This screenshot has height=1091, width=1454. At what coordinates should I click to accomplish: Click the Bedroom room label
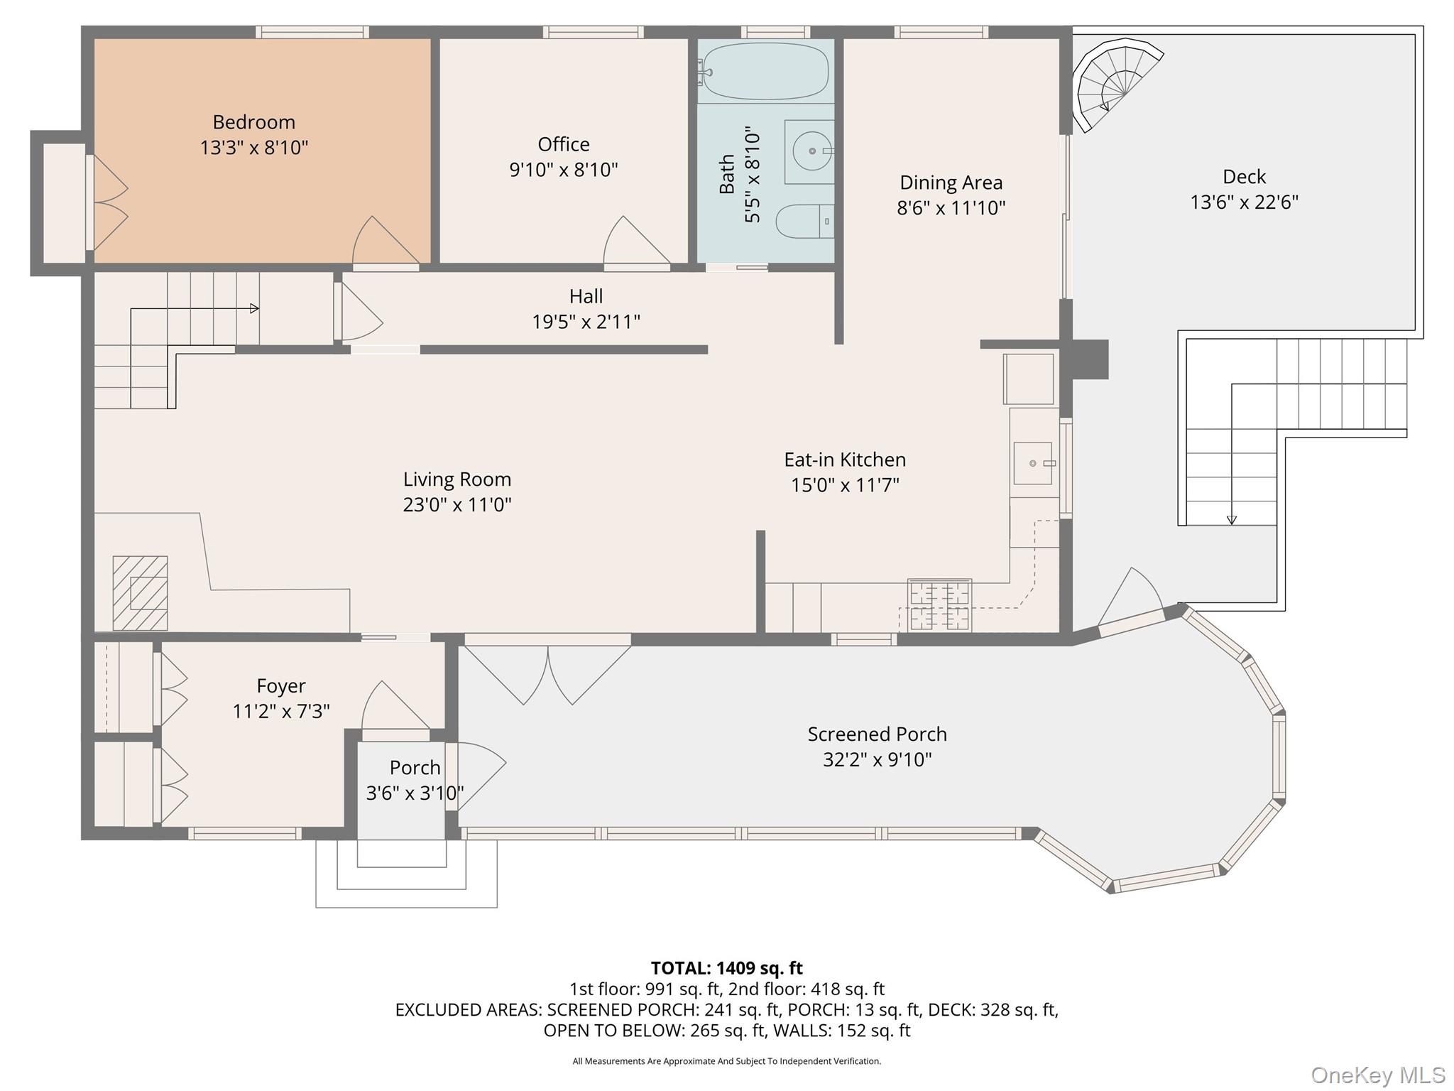(x=253, y=122)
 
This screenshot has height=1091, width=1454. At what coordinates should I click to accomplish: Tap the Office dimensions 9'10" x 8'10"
(x=563, y=170)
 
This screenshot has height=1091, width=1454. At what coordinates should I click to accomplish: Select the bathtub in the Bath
(x=765, y=71)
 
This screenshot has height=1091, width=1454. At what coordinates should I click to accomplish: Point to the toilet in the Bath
(x=802, y=221)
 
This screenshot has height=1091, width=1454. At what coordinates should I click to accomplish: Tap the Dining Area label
(x=951, y=183)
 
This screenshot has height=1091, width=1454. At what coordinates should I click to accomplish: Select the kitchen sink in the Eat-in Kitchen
(x=1032, y=463)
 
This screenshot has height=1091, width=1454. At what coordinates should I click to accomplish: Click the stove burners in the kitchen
(x=939, y=604)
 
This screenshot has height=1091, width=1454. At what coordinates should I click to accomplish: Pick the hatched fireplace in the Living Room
(x=141, y=593)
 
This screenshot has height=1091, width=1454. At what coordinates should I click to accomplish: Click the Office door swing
(x=634, y=241)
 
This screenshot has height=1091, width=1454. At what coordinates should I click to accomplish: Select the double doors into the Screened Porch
(x=547, y=671)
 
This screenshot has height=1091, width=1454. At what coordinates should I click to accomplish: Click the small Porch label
(x=415, y=768)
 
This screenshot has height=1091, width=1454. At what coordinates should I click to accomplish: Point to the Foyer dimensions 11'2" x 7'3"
(x=281, y=711)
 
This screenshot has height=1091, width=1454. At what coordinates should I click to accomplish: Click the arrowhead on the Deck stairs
(x=1232, y=520)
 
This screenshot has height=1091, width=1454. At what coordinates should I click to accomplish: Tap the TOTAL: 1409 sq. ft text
(x=726, y=968)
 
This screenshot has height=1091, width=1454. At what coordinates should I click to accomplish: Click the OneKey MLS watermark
(x=1377, y=1075)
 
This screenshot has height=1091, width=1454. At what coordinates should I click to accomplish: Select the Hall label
(x=586, y=296)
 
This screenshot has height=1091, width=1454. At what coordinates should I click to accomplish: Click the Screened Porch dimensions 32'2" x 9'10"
(x=877, y=759)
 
